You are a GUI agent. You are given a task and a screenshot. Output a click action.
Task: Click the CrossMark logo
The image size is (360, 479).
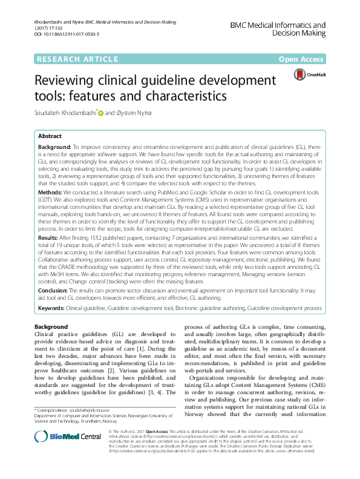pos(307,75)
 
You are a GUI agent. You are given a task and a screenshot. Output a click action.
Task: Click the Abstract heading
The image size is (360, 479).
pos(51,137)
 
